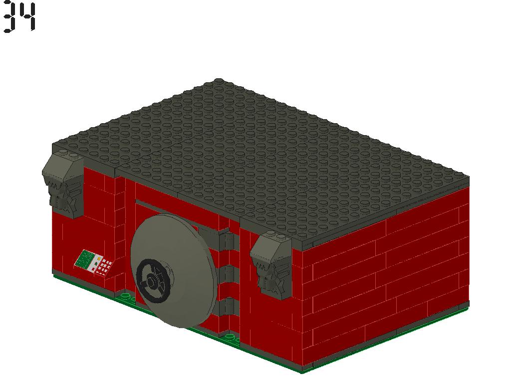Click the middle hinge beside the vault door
click(228, 273)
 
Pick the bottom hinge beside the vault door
click(228, 306)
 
